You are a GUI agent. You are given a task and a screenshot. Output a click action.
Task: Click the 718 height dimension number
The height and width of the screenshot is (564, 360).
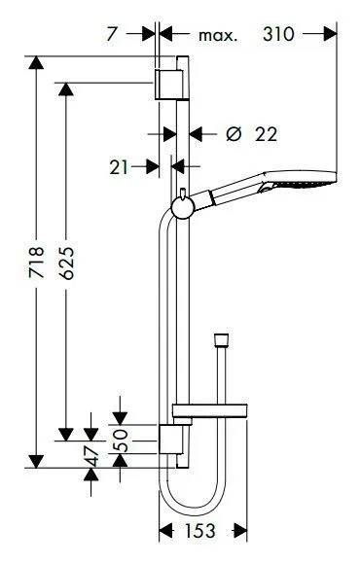[x=36, y=262]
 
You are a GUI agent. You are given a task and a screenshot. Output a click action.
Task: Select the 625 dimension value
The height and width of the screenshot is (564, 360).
[x=66, y=263]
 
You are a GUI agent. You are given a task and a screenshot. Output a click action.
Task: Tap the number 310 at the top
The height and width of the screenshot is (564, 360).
[x=278, y=35]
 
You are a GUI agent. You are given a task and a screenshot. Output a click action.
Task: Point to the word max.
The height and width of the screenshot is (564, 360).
[x=218, y=36]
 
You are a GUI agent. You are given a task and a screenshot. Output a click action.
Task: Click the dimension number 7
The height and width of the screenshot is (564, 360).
[x=112, y=35]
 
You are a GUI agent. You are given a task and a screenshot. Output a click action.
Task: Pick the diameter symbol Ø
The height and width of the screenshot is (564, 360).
[x=234, y=134]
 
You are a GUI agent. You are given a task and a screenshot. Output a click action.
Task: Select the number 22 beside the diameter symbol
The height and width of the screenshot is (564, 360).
[x=266, y=134]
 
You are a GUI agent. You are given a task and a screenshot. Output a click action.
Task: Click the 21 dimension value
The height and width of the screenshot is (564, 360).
[x=119, y=167]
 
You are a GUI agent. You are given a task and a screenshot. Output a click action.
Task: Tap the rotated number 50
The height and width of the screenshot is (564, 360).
[x=121, y=440]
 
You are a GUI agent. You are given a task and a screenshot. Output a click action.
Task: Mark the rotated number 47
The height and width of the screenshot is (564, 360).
[x=91, y=456]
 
